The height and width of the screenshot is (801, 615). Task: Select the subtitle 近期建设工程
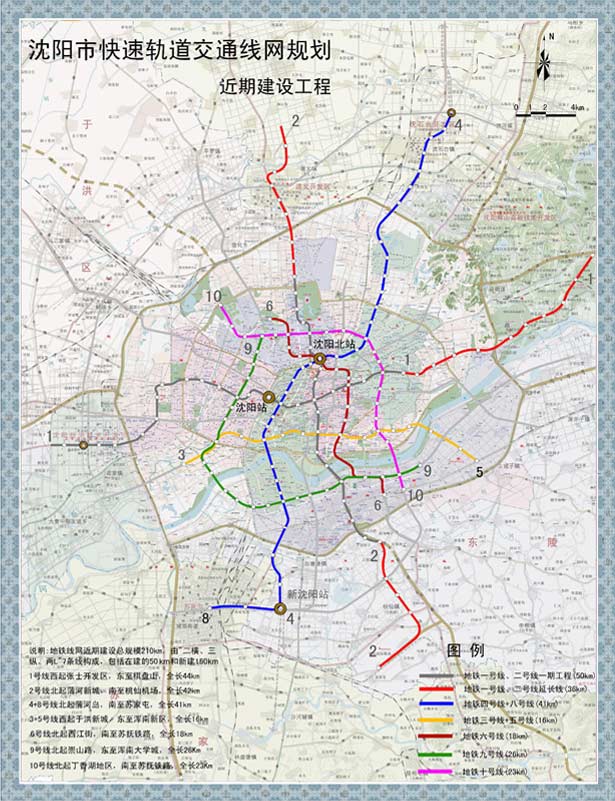[x=274, y=87]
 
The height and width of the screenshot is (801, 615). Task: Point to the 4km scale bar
[x=544, y=111]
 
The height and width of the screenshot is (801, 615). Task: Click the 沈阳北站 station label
[x=334, y=345]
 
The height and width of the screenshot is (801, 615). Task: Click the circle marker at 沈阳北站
[x=319, y=358]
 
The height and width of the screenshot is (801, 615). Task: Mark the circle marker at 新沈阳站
[x=280, y=608]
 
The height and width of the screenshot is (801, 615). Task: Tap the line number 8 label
[x=206, y=619]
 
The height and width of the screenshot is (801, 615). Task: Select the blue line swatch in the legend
[x=435, y=702]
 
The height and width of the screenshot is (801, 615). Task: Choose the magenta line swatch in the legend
[x=435, y=772]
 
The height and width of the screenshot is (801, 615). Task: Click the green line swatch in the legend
[x=435, y=754]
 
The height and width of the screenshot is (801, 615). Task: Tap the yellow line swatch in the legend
[x=435, y=719]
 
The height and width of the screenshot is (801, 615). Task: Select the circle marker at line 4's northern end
[x=452, y=113]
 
